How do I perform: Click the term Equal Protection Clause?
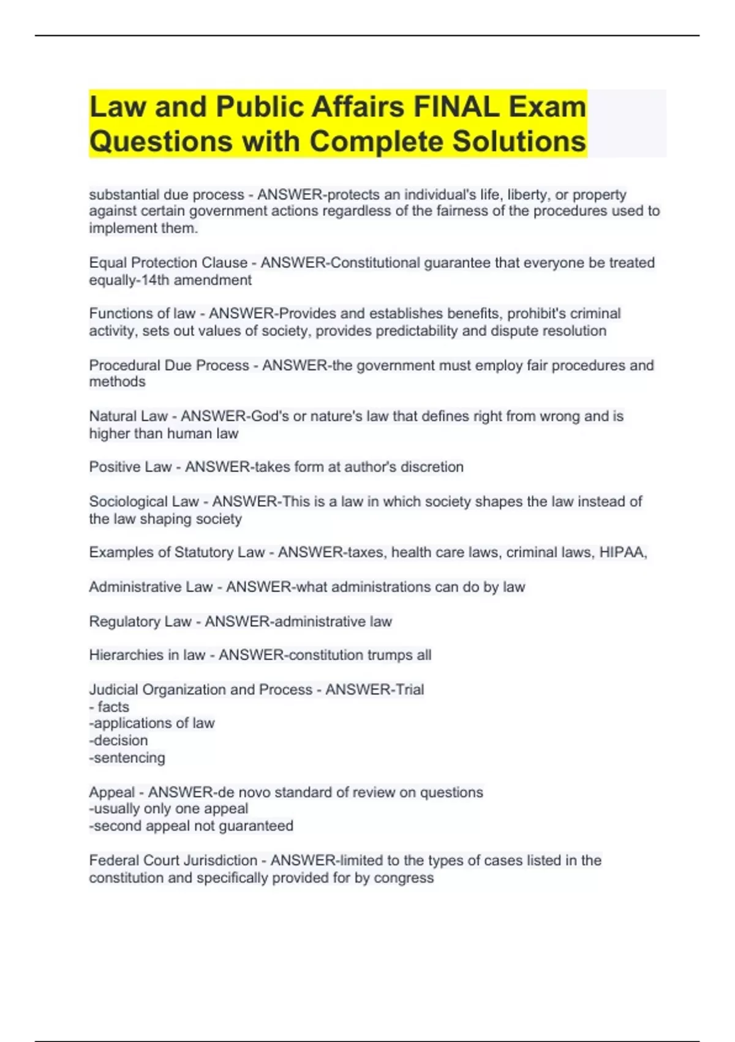tap(168, 263)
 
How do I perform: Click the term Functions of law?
tap(142, 314)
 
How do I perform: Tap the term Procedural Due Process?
tap(169, 365)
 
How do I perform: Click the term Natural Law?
tap(128, 416)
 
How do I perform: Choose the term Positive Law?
tap(130, 467)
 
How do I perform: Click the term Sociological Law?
tap(144, 501)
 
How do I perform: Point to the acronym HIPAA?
tap(622, 552)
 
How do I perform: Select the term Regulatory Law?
tap(140, 622)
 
